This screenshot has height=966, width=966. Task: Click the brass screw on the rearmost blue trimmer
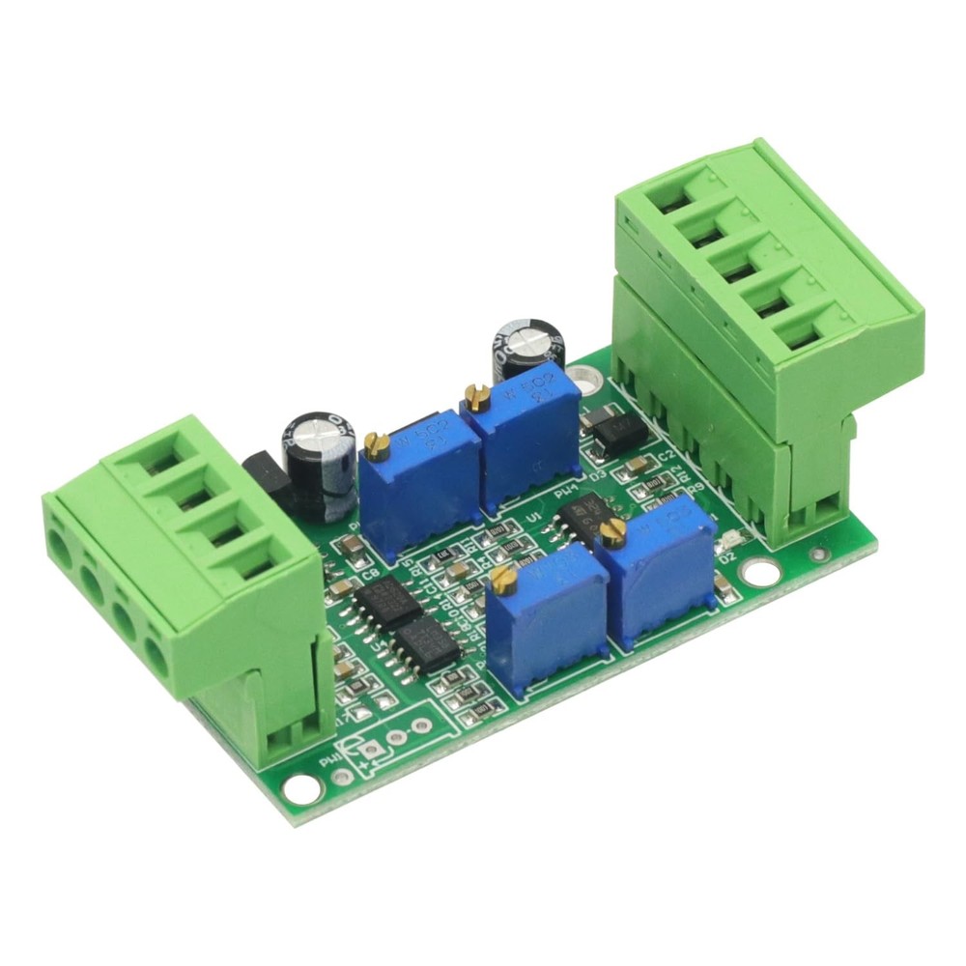(474, 393)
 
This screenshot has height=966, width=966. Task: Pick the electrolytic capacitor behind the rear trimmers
(527, 347)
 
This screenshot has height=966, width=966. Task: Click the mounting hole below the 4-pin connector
(302, 788)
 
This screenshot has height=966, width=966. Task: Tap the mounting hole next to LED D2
(761, 573)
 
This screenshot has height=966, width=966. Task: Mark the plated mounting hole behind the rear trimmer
(584, 373)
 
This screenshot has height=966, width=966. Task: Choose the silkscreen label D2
(727, 557)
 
